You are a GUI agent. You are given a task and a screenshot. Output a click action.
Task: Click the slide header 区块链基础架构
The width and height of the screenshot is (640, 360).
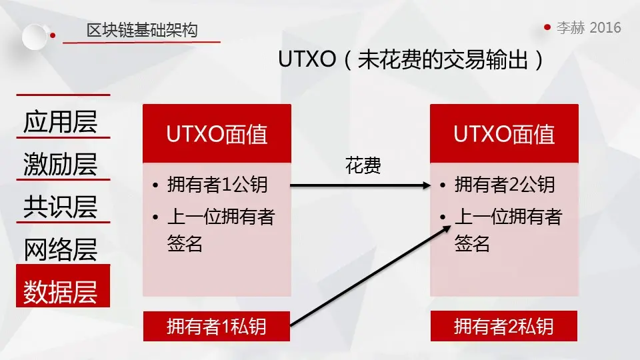point(141,30)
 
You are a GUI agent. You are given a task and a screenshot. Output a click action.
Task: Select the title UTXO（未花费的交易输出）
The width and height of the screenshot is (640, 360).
point(411,60)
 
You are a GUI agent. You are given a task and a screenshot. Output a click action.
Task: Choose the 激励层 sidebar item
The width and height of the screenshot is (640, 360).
point(61,164)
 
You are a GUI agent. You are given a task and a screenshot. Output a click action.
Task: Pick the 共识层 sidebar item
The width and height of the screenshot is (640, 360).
point(61,207)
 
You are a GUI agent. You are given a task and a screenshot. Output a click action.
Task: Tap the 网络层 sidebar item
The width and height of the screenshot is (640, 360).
point(61,249)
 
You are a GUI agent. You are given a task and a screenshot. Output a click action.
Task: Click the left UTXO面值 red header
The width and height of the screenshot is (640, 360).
point(217,134)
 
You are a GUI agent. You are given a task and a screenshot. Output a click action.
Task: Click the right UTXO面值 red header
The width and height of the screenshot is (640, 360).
point(504,134)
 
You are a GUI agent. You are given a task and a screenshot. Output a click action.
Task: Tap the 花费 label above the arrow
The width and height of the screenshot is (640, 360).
point(363,166)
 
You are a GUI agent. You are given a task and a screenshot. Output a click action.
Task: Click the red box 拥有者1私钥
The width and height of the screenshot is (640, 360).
point(217,327)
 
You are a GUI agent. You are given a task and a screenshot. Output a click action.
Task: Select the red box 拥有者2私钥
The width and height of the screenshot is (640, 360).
point(504,327)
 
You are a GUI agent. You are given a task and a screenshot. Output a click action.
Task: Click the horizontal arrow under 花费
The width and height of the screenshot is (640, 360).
point(360,186)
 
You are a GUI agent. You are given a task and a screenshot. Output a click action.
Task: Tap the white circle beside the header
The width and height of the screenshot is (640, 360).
point(35,36)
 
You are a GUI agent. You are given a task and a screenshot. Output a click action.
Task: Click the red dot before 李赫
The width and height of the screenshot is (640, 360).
point(547,27)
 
